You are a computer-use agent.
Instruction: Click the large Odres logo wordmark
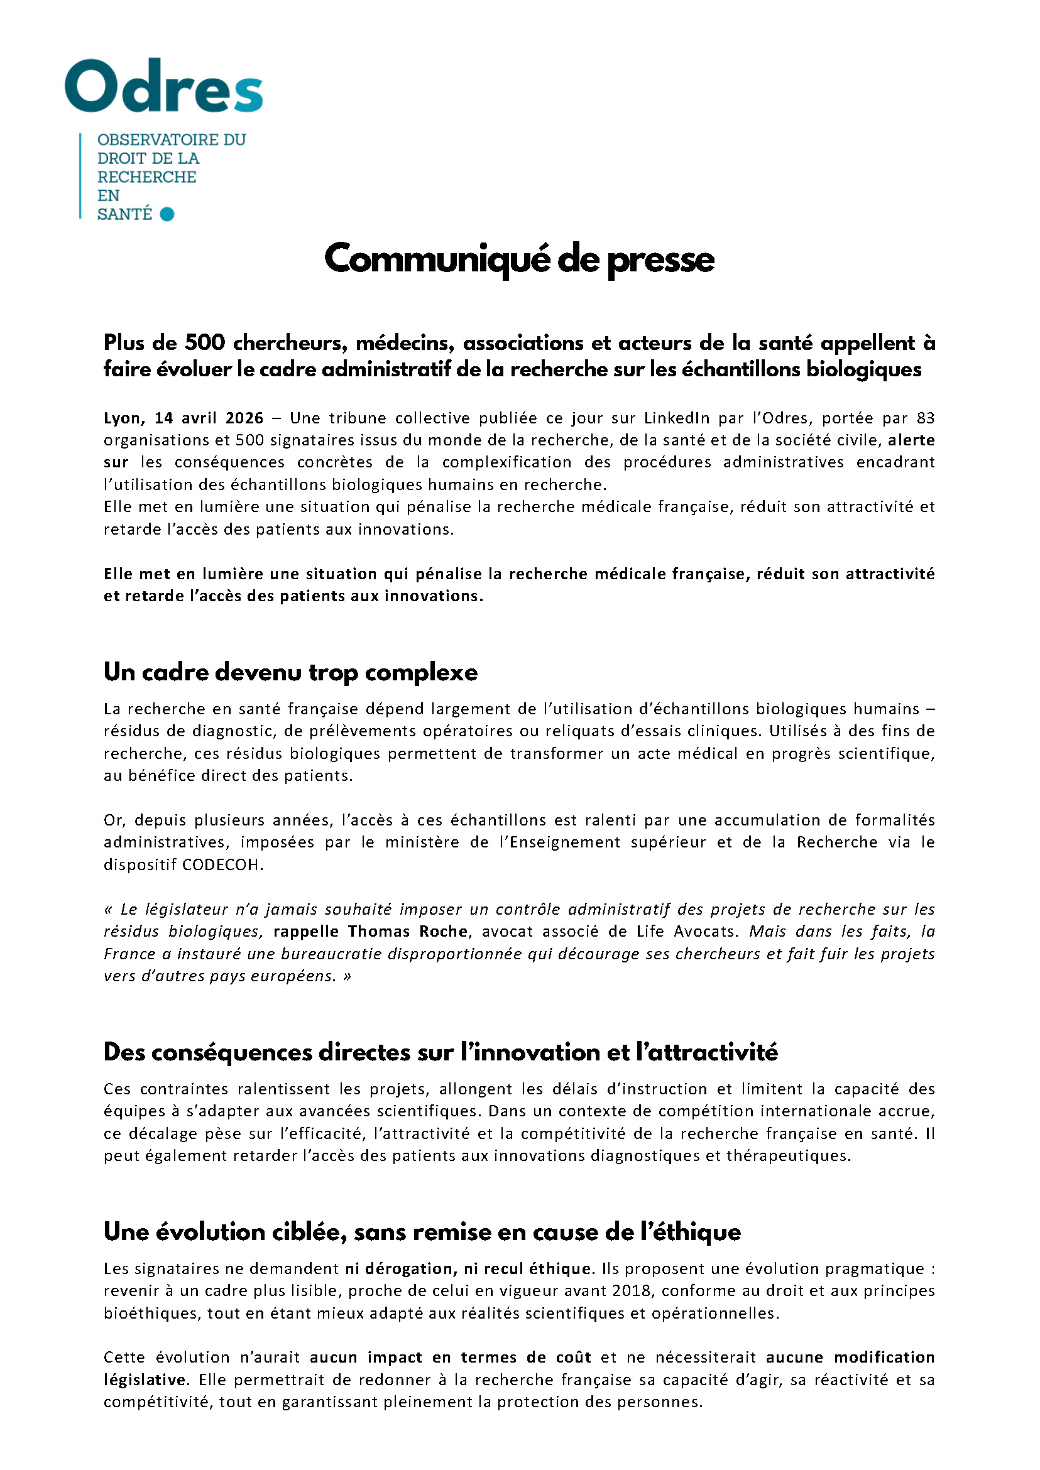tap(164, 87)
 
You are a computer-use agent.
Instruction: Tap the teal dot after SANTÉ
tap(167, 214)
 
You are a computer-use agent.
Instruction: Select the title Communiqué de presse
tap(519, 259)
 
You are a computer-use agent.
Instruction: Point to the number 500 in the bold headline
tap(205, 343)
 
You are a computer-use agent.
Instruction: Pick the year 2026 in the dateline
tap(244, 418)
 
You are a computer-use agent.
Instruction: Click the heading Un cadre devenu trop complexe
tap(291, 672)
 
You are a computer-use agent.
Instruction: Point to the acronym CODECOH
tap(222, 864)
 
